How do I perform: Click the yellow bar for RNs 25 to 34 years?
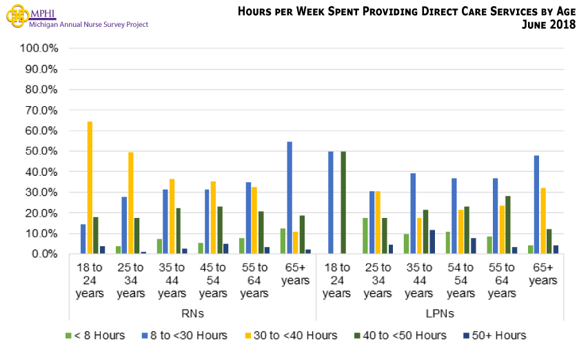click(131, 203)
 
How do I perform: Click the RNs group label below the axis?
click(192, 313)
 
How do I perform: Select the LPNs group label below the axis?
click(440, 313)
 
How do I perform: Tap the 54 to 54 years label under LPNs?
click(460, 281)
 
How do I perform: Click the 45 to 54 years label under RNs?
click(213, 281)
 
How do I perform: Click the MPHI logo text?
click(43, 13)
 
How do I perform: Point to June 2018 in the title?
click(545, 25)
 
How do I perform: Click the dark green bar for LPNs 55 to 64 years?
click(508, 225)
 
